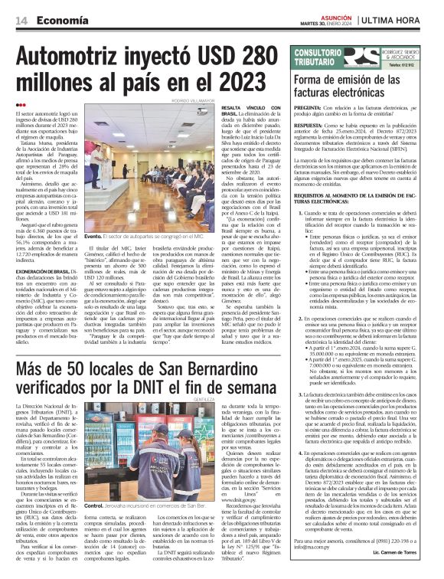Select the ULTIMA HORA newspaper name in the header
coord(401,18)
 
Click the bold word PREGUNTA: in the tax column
coord(309,110)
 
